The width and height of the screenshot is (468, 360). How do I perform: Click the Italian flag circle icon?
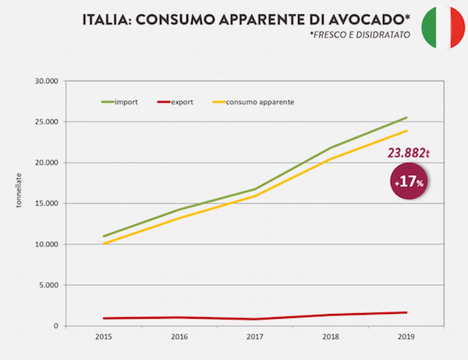pyautogui.click(x=440, y=26)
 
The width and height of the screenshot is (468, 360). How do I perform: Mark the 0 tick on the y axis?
pyautogui.click(x=56, y=326)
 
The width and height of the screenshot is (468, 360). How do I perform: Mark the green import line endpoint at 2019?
pyautogui.click(x=406, y=118)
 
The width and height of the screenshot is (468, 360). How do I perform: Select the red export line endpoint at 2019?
pyautogui.click(x=406, y=312)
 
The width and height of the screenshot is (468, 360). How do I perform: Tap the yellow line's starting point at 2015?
pyautogui.click(x=104, y=244)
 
